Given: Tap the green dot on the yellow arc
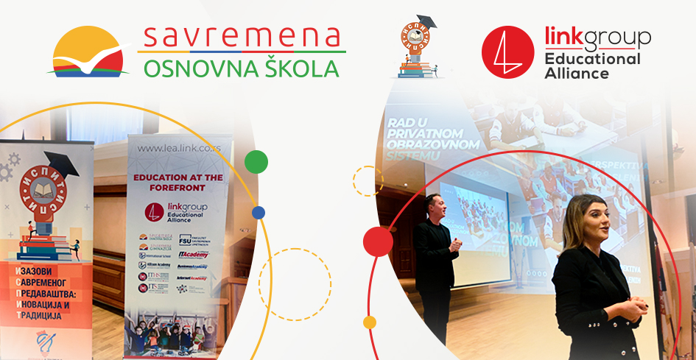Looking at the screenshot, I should coord(256,161).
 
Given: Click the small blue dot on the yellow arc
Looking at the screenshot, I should coord(258,213).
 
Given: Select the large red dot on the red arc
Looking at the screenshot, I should coord(378,240).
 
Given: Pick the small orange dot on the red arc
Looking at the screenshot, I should coord(370,322).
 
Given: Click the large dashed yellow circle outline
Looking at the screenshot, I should coord(295,284).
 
